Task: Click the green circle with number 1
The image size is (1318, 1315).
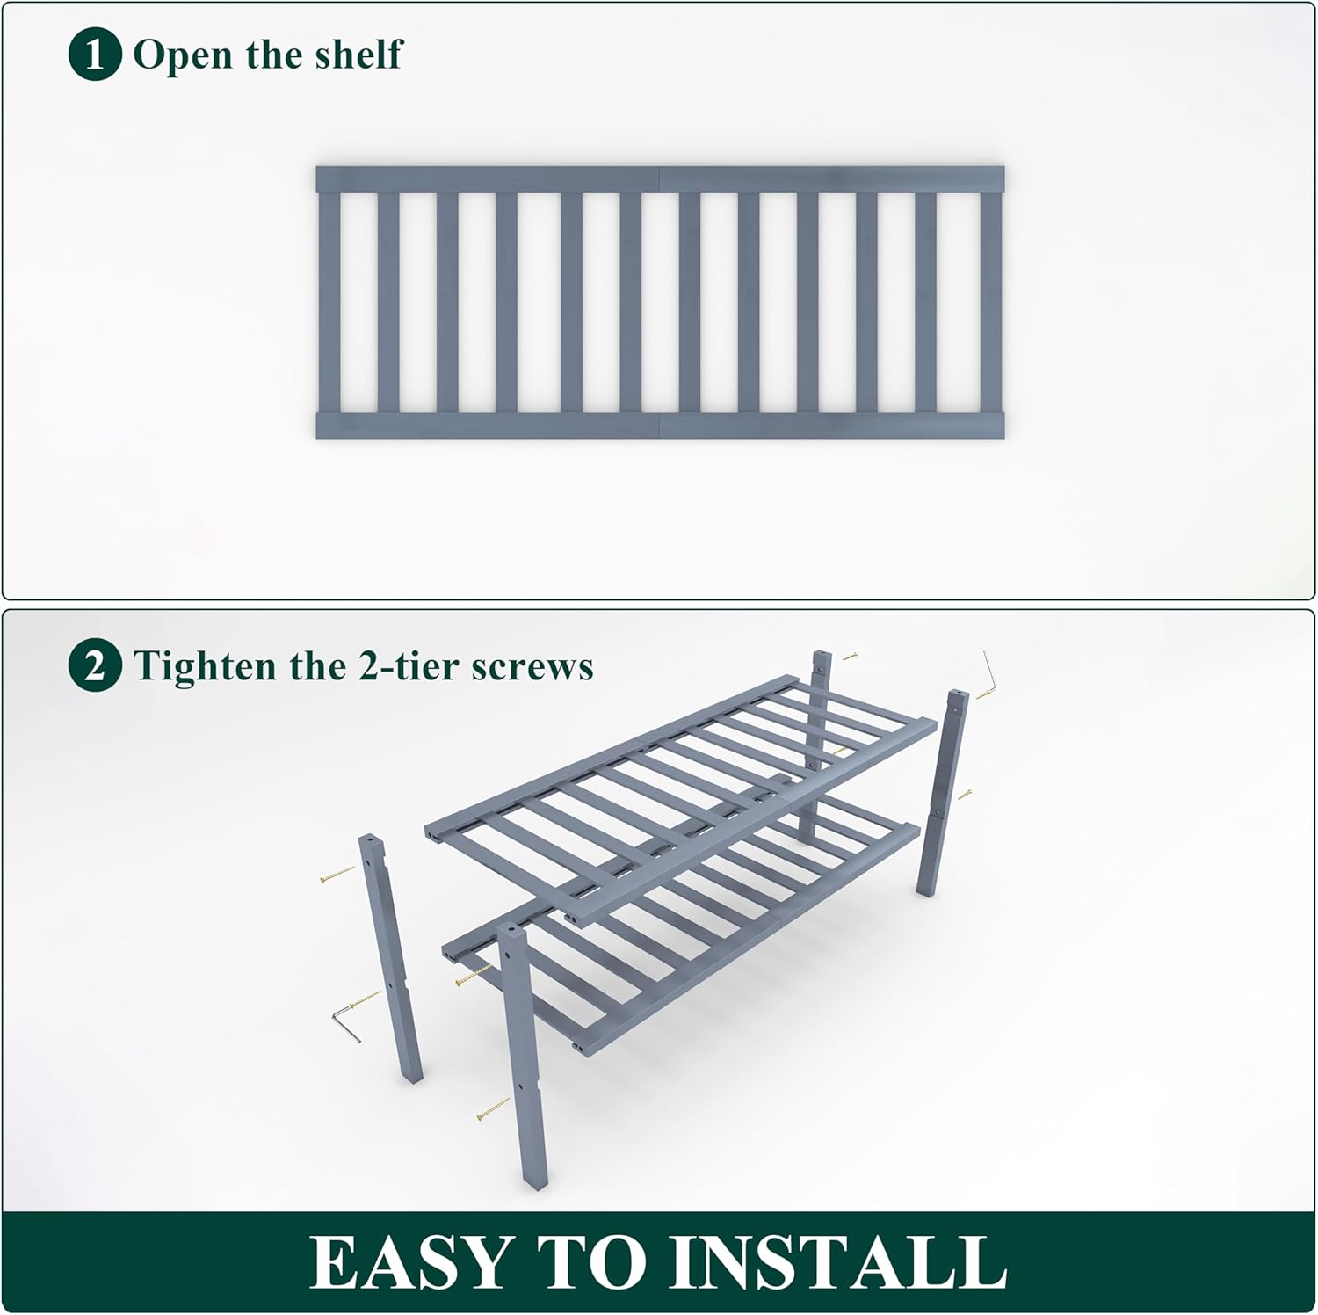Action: click(x=94, y=54)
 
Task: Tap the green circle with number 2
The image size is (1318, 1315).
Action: click(x=94, y=666)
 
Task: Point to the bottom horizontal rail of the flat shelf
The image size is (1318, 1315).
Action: click(x=659, y=425)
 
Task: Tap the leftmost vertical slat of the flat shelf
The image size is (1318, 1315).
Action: click(x=329, y=302)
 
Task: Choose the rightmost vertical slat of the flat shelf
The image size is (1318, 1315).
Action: click(x=990, y=302)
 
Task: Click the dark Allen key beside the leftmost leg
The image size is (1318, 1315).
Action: click(x=345, y=1025)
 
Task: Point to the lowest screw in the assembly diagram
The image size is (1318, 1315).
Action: click(x=493, y=1109)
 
